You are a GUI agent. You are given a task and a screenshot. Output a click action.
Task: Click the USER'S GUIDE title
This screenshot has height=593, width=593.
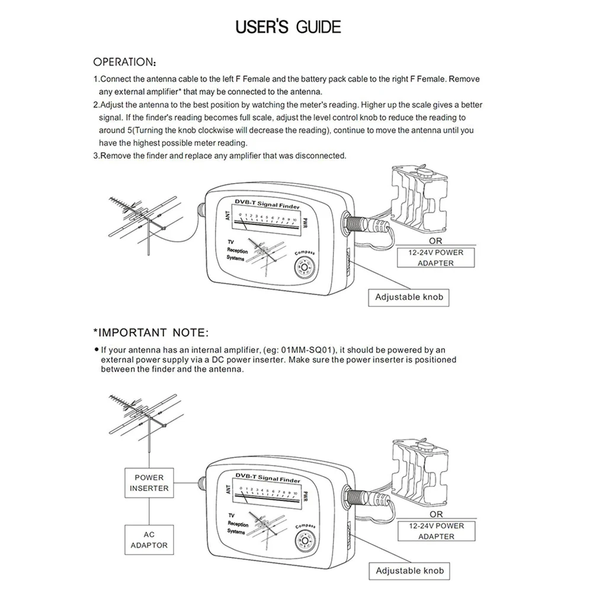pyautogui.click(x=288, y=27)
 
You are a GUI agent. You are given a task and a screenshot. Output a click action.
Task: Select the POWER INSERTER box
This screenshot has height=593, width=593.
pyautogui.click(x=149, y=483)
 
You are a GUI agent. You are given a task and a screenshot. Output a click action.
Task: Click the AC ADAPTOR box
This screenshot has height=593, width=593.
pyautogui.click(x=149, y=540)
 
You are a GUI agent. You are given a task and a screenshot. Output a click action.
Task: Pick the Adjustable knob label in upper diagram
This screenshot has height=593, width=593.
pyautogui.click(x=408, y=297)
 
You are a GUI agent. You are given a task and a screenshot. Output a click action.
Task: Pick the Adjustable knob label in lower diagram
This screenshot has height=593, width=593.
pyautogui.click(x=409, y=571)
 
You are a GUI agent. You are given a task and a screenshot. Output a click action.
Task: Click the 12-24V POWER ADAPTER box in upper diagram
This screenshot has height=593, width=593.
pyautogui.click(x=435, y=258)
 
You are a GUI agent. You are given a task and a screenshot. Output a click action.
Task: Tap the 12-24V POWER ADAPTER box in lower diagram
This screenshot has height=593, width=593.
pyautogui.click(x=436, y=531)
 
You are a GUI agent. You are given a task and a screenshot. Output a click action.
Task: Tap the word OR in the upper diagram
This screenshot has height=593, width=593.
pyautogui.click(x=435, y=241)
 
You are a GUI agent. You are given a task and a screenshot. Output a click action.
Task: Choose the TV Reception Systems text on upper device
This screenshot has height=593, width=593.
pyautogui.click(x=237, y=251)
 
